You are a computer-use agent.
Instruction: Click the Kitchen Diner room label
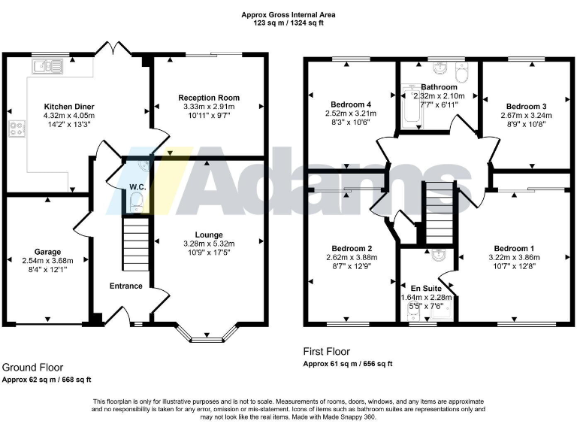(68, 107)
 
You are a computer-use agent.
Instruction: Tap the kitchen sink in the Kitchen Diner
(46, 68)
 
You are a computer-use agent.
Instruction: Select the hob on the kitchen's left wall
(14, 130)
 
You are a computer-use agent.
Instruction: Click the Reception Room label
(209, 98)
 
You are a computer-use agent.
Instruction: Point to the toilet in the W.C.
(136, 199)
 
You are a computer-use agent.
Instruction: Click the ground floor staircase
(136, 242)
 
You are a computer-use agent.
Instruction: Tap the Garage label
(47, 252)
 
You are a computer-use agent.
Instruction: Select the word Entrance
(125, 286)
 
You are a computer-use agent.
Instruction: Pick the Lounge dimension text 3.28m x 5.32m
(209, 244)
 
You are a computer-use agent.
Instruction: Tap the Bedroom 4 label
(351, 104)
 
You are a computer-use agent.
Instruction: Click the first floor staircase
(440, 212)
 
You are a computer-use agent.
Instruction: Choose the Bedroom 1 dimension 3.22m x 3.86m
(515, 257)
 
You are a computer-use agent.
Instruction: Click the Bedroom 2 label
(352, 248)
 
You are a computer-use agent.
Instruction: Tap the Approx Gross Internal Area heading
(288, 14)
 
